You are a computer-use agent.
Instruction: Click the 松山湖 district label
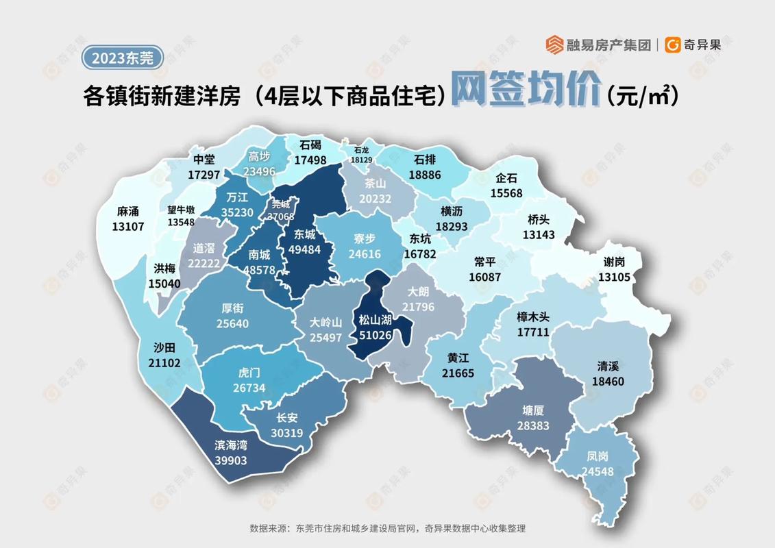375,320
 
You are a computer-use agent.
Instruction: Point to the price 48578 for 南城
260,271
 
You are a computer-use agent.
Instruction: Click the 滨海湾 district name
230,445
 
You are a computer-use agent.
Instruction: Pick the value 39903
230,460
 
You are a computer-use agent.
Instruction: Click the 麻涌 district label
128,212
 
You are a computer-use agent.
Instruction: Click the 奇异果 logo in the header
693,45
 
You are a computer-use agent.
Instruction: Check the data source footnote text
387,529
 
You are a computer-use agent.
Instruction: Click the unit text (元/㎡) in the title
642,97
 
